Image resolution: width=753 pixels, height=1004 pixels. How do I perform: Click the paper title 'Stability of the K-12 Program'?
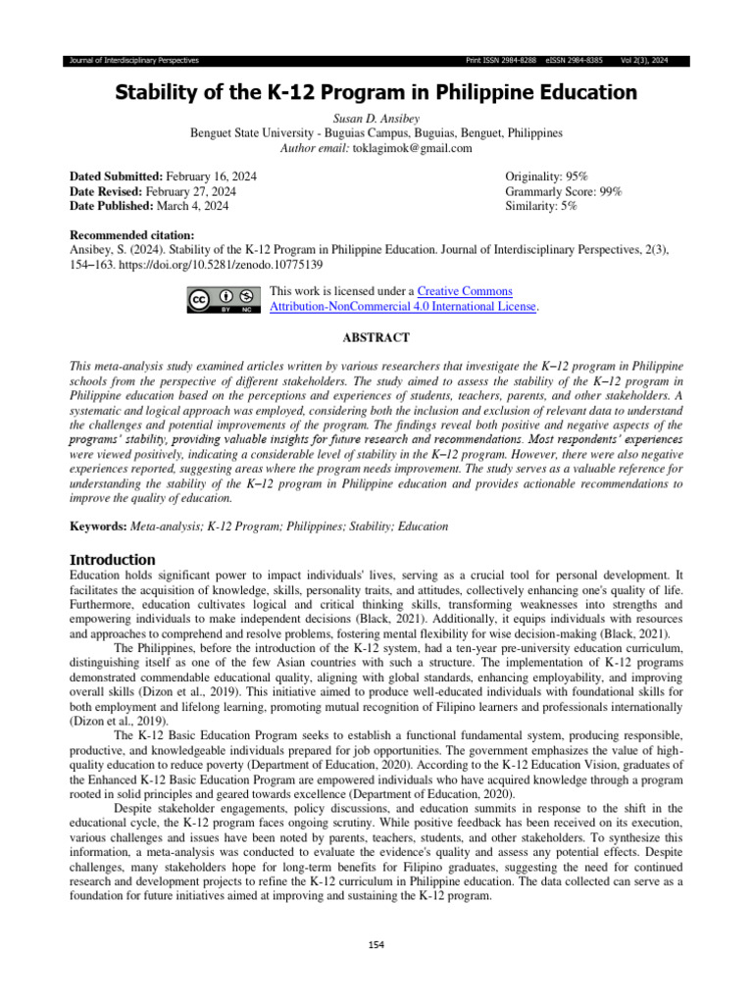[x=376, y=93]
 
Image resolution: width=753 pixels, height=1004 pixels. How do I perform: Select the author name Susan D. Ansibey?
[x=376, y=118]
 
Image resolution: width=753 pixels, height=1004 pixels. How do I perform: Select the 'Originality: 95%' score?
[x=546, y=176]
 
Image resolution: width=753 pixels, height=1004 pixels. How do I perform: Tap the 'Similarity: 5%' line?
[x=541, y=206]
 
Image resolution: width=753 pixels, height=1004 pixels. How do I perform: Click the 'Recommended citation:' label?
[x=132, y=235]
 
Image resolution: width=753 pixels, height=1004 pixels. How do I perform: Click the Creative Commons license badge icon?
[x=223, y=299]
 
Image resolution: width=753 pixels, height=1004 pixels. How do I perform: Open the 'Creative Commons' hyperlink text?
[x=465, y=291]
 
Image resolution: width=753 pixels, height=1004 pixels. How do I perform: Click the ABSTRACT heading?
[x=376, y=336]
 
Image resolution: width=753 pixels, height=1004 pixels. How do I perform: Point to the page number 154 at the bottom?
[x=376, y=943]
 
